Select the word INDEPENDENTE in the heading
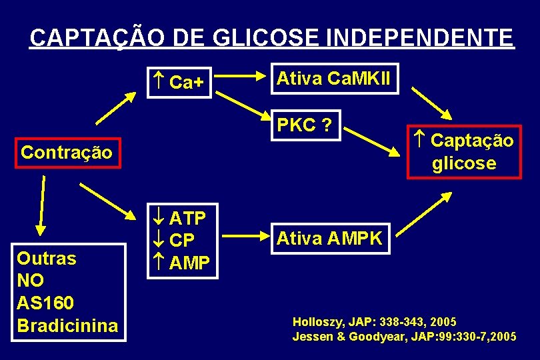coord(420,37)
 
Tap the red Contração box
coord(67,153)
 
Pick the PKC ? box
coord(305,125)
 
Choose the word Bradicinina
coord(67,325)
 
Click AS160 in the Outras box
coord(45,303)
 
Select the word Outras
coord(47,258)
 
